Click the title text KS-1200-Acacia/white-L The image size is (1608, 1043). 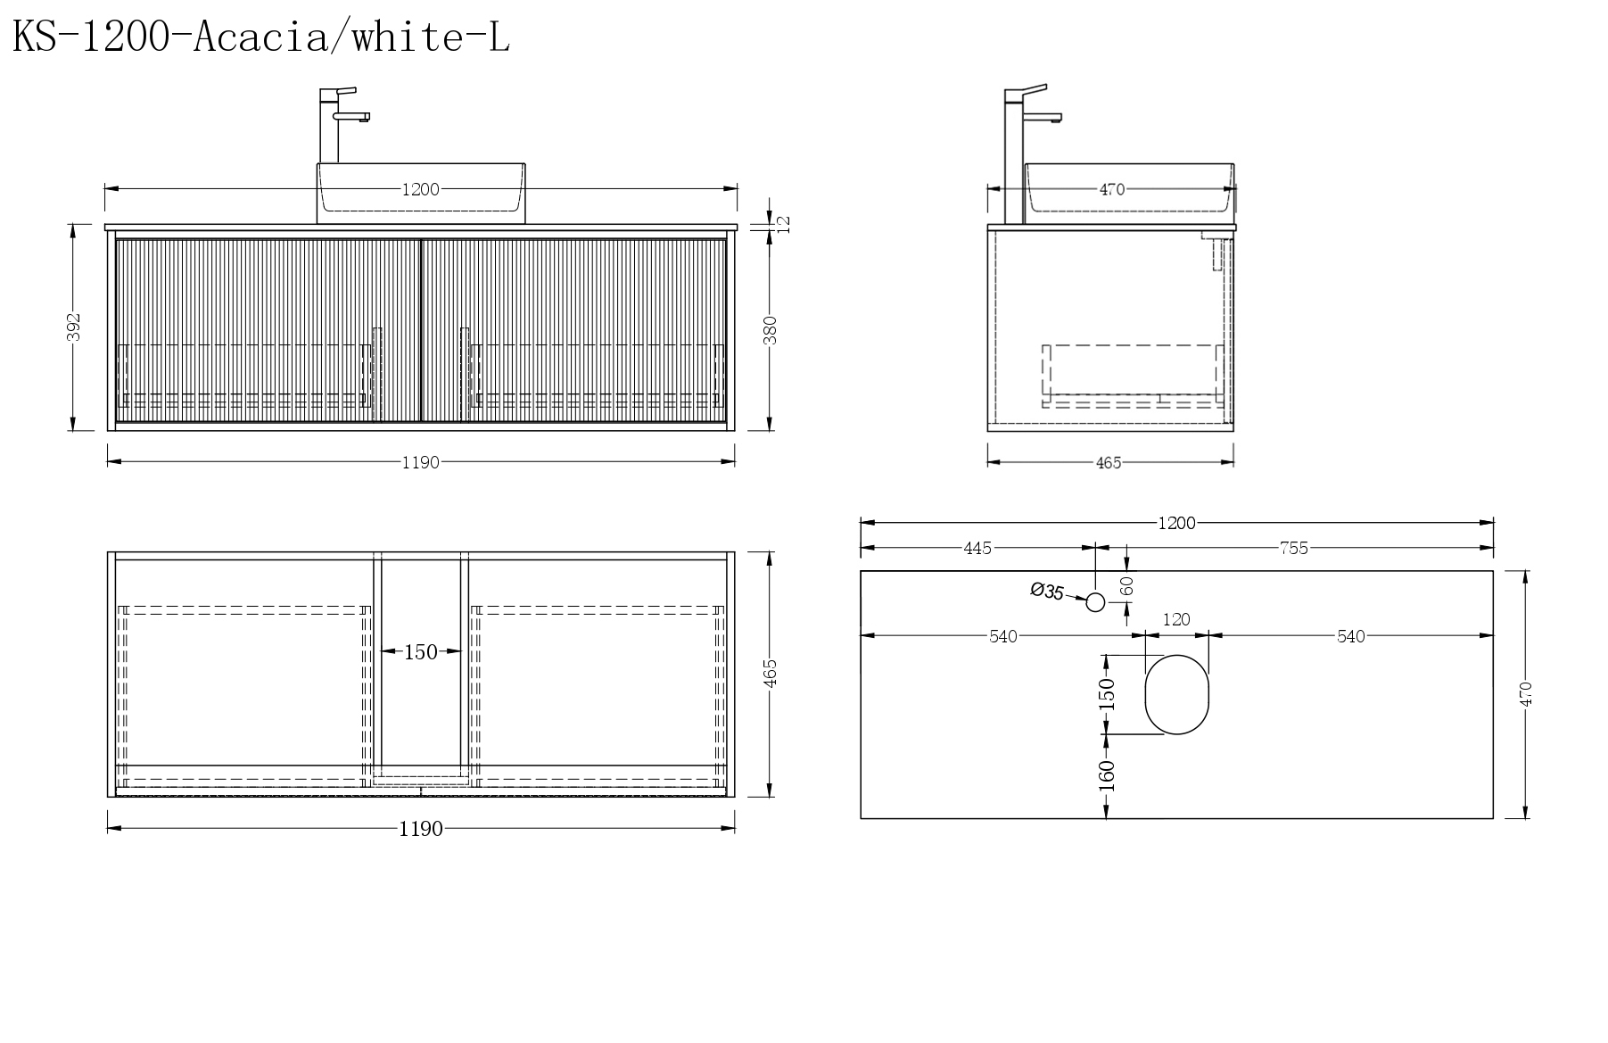click(260, 38)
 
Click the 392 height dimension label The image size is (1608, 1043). click(74, 327)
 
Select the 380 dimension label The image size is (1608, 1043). click(771, 330)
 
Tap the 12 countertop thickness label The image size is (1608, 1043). click(784, 224)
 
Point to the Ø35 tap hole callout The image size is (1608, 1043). click(1046, 591)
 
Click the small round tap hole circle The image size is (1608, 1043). click(1096, 602)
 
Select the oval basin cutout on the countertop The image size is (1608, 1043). click(1177, 694)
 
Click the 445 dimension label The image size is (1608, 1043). click(977, 548)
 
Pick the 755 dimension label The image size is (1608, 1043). click(1293, 548)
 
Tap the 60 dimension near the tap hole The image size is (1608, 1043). click(1127, 586)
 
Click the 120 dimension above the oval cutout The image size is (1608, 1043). click(1176, 619)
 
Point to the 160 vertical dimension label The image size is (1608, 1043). click(1107, 775)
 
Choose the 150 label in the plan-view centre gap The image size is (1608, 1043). click(421, 652)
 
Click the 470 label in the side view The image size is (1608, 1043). click(1111, 189)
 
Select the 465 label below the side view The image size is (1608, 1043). click(1109, 463)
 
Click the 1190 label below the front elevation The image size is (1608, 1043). click(420, 463)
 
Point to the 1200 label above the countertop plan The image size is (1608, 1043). click(1176, 524)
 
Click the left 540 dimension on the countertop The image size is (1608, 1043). click(1003, 636)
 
